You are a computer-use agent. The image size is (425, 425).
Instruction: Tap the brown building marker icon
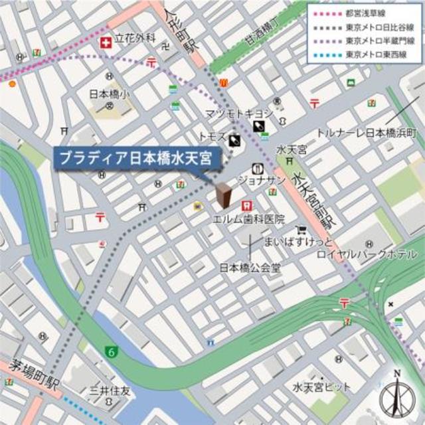pyautogui.click(x=224, y=195)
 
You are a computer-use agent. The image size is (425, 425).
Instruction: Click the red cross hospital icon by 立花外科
pyautogui.click(x=105, y=42)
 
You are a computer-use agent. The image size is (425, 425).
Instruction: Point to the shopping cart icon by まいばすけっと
pyautogui.click(x=302, y=230)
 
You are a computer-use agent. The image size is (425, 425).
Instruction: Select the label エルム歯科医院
pyautogui.click(x=248, y=219)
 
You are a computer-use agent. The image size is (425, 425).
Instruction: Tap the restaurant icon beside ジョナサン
pyautogui.click(x=257, y=169)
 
